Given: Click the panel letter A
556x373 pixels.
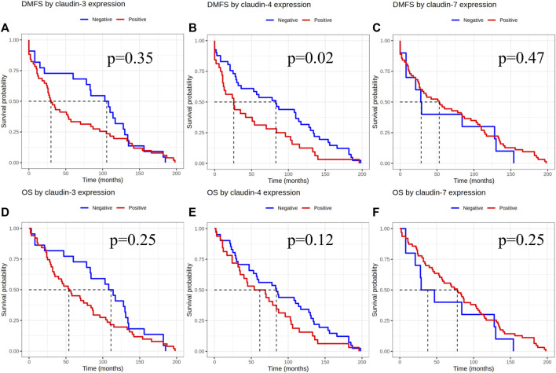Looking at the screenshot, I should pos(6,30).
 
